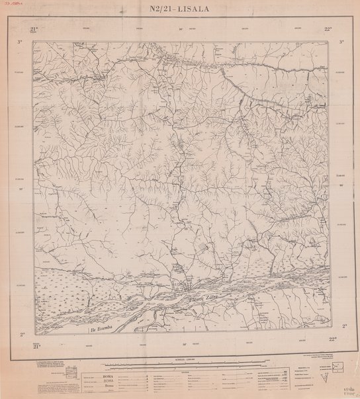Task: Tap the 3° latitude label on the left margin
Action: coord(21,42)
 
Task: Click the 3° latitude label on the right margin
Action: coord(341,42)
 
